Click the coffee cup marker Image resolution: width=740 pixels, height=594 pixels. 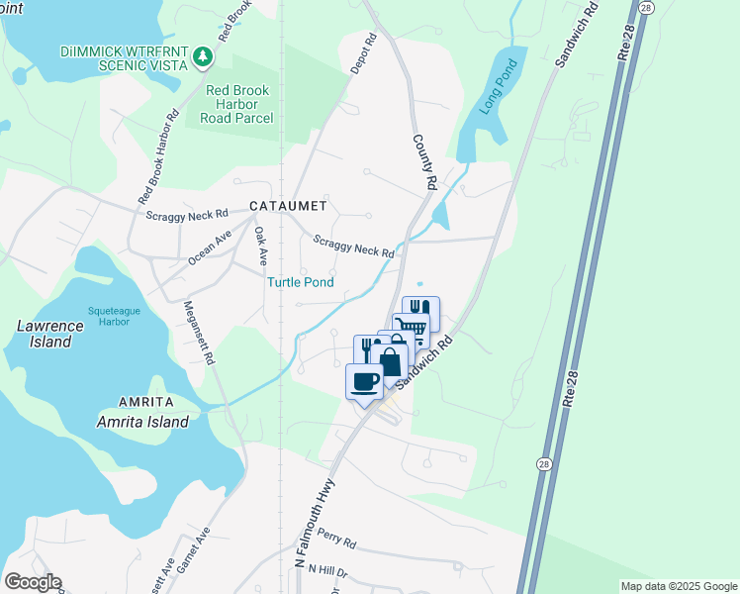tap(364, 381)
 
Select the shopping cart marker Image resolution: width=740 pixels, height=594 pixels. tap(409, 328)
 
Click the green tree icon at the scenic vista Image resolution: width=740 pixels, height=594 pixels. tap(204, 55)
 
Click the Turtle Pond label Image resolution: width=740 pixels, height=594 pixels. tap(300, 282)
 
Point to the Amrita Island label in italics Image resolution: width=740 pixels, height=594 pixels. tap(142, 422)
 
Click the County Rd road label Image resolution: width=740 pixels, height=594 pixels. tap(422, 162)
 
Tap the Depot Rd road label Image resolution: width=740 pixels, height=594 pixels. tap(364, 54)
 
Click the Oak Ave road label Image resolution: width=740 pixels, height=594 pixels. tap(260, 247)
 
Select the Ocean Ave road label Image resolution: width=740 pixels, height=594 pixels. tap(210, 247)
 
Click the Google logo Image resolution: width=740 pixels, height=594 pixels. tap(33, 582)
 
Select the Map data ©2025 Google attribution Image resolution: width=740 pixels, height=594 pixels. tap(678, 586)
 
